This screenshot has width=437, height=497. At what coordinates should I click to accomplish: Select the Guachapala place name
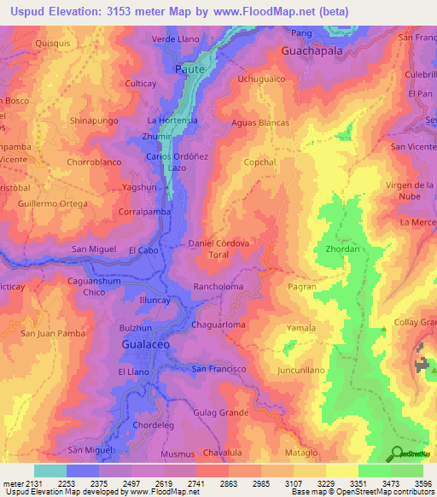pyautogui.click(x=312, y=51)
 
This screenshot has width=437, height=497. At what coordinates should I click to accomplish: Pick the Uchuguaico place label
pyautogui.click(x=262, y=79)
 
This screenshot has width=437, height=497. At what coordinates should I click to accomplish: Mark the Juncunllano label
pyautogui.click(x=301, y=371)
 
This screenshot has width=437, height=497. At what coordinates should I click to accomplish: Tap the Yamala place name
pyautogui.click(x=301, y=328)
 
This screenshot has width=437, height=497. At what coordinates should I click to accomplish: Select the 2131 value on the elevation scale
pyautogui.click(x=32, y=482)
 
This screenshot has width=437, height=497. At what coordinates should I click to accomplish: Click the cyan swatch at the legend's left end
pyautogui.click(x=50, y=471)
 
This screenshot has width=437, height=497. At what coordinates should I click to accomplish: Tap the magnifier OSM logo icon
pyautogui.click(x=396, y=453)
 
